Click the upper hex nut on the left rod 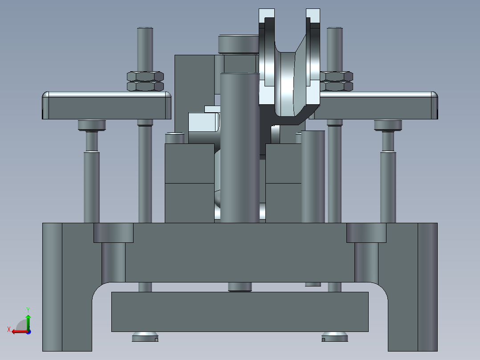click(x=145, y=76)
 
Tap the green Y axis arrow click(x=28, y=320)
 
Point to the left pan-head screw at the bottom click(x=145, y=337)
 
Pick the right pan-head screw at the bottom click(x=335, y=337)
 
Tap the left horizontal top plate click(x=107, y=107)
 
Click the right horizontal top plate click(x=376, y=107)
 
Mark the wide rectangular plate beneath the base click(x=240, y=312)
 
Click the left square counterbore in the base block click(x=113, y=233)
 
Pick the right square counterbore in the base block click(x=366, y=233)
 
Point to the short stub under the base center click(x=240, y=287)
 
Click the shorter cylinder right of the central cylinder click(x=313, y=176)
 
